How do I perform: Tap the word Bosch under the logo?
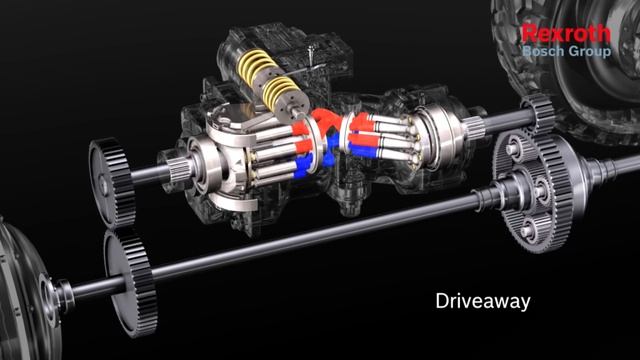point(542,49)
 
